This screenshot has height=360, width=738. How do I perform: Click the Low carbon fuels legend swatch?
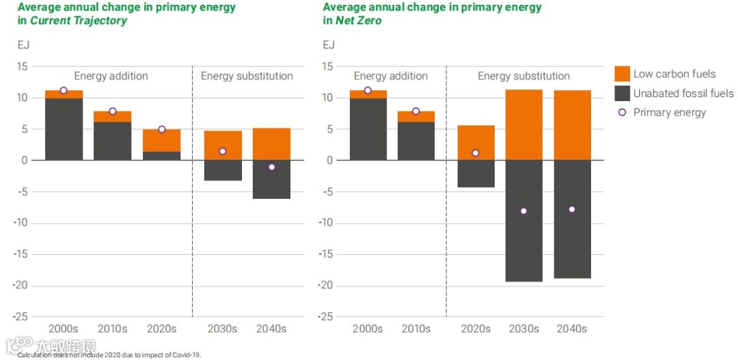622,74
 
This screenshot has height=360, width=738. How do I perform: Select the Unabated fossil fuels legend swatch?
622,93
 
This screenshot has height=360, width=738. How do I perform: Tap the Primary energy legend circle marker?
622,112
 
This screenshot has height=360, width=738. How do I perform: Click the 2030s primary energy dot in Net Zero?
523,211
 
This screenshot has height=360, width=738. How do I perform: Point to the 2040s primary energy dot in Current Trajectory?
271,167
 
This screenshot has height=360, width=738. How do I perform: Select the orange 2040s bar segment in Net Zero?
572,125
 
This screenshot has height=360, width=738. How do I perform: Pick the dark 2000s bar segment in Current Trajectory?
64,129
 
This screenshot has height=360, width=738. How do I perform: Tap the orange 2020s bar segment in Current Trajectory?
161,140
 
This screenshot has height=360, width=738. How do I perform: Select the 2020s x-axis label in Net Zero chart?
476,329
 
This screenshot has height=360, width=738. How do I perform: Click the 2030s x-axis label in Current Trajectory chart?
222,329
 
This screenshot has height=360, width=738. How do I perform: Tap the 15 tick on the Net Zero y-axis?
327,66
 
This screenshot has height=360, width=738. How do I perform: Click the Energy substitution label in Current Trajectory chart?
247,76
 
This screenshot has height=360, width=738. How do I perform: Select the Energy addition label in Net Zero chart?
391,76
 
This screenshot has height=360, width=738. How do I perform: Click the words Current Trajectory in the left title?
79,20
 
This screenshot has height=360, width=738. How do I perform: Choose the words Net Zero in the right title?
358,20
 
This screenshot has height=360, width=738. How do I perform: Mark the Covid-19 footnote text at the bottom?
109,355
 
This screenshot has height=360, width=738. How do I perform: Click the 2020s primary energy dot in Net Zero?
476,153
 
